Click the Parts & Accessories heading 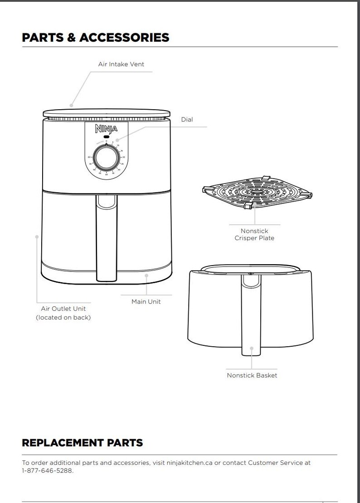tap(95, 37)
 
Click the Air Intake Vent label tap(121, 64)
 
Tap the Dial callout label tap(187, 120)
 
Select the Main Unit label tap(146, 301)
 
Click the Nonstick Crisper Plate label tap(254, 234)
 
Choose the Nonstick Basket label tap(252, 375)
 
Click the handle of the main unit tap(107, 236)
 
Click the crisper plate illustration tap(257, 193)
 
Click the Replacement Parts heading tap(82, 443)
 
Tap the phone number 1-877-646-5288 tap(47, 470)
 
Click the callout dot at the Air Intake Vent tap(71, 105)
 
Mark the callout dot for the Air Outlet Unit tap(37, 236)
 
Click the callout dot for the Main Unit tap(146, 275)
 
